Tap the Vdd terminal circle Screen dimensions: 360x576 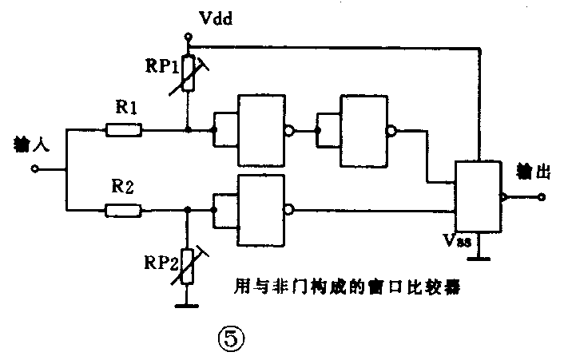click(x=188, y=37)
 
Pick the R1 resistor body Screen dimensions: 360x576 click(x=124, y=129)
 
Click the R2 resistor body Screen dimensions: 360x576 click(x=124, y=210)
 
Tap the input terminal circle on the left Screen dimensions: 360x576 click(x=34, y=169)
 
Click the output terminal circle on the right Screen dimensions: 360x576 click(x=541, y=197)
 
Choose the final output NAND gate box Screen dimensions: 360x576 click(x=478, y=197)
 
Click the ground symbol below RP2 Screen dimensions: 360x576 click(x=188, y=304)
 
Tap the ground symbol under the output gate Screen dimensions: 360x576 click(x=480, y=258)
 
